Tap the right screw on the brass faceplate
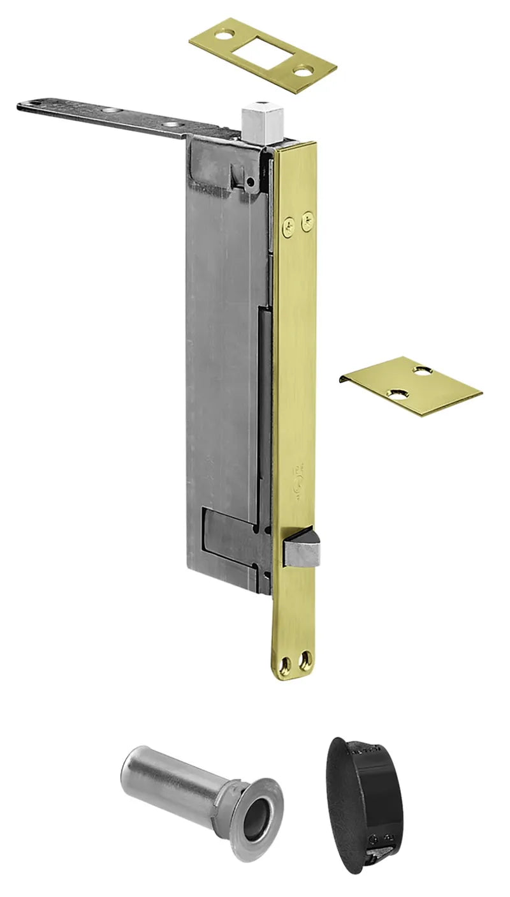(x=308, y=221)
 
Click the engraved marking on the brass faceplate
(x=298, y=478)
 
